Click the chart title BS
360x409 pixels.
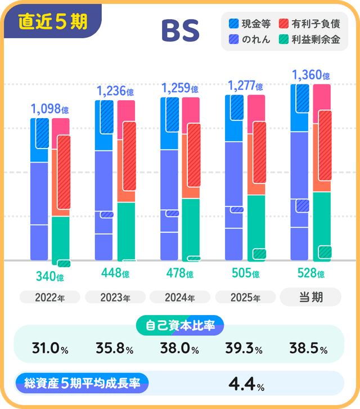point(180,32)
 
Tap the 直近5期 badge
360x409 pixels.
point(52,21)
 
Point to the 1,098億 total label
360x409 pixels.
point(49,109)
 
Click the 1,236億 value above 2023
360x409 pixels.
point(115,91)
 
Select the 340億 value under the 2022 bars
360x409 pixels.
point(49,277)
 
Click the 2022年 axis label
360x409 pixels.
point(49,298)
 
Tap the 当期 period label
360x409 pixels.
point(310,297)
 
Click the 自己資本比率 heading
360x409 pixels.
point(180,325)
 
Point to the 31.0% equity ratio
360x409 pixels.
point(50,349)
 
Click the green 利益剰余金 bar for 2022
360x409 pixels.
point(60,239)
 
